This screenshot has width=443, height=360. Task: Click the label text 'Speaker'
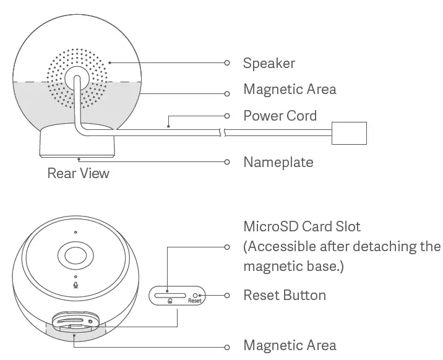pos(269,63)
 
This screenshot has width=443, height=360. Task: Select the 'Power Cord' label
pos(280,116)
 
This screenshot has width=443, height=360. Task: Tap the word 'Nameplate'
pos(278,163)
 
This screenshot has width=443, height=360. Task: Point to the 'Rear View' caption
pos(78,173)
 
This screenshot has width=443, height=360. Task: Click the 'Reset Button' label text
pos(284,295)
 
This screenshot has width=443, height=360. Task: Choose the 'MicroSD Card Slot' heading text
pos(301,226)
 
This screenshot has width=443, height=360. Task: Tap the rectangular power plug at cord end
pos(350,132)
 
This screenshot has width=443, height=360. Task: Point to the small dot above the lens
pos(75,233)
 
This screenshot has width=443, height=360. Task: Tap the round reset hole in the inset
pos(196,295)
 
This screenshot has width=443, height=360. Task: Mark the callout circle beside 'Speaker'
pos(227,63)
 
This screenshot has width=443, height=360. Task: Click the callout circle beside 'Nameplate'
pos(227,162)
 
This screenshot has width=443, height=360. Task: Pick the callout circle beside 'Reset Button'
pos(227,295)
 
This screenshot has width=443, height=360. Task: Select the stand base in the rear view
pos(77,143)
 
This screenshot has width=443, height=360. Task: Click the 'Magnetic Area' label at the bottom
pos(290,345)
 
